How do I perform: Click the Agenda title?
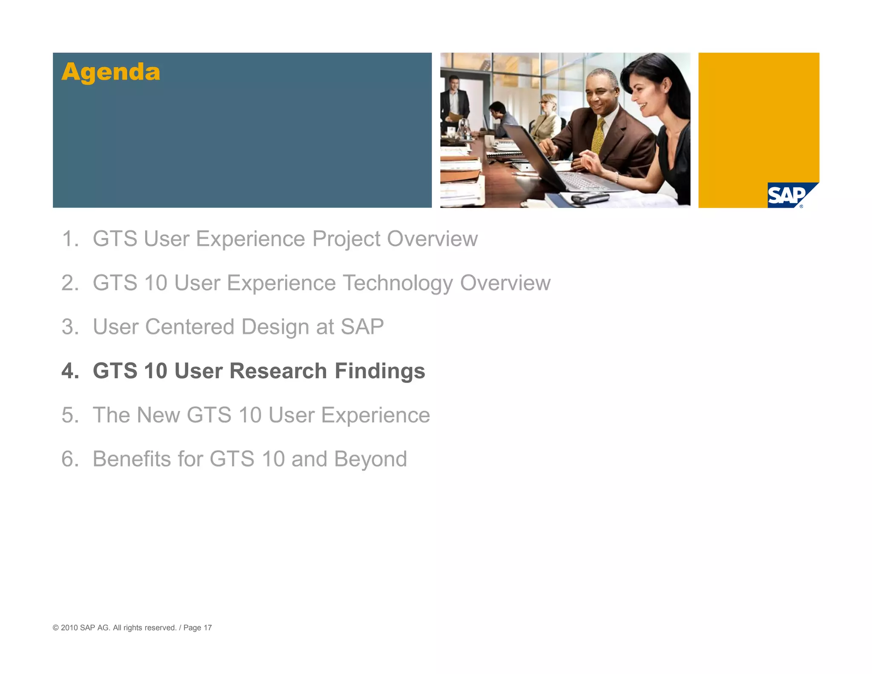point(111,72)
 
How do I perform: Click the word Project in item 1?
point(346,239)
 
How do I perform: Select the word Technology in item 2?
point(398,283)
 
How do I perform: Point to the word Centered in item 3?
point(189,327)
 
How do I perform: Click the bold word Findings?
point(380,371)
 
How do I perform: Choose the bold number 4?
point(69,371)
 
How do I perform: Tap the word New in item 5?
point(158,415)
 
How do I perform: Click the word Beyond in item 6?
point(370,459)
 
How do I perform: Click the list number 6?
point(69,459)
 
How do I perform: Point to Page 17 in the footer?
point(198,628)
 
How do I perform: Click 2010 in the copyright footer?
point(69,628)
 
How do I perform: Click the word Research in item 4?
point(278,371)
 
